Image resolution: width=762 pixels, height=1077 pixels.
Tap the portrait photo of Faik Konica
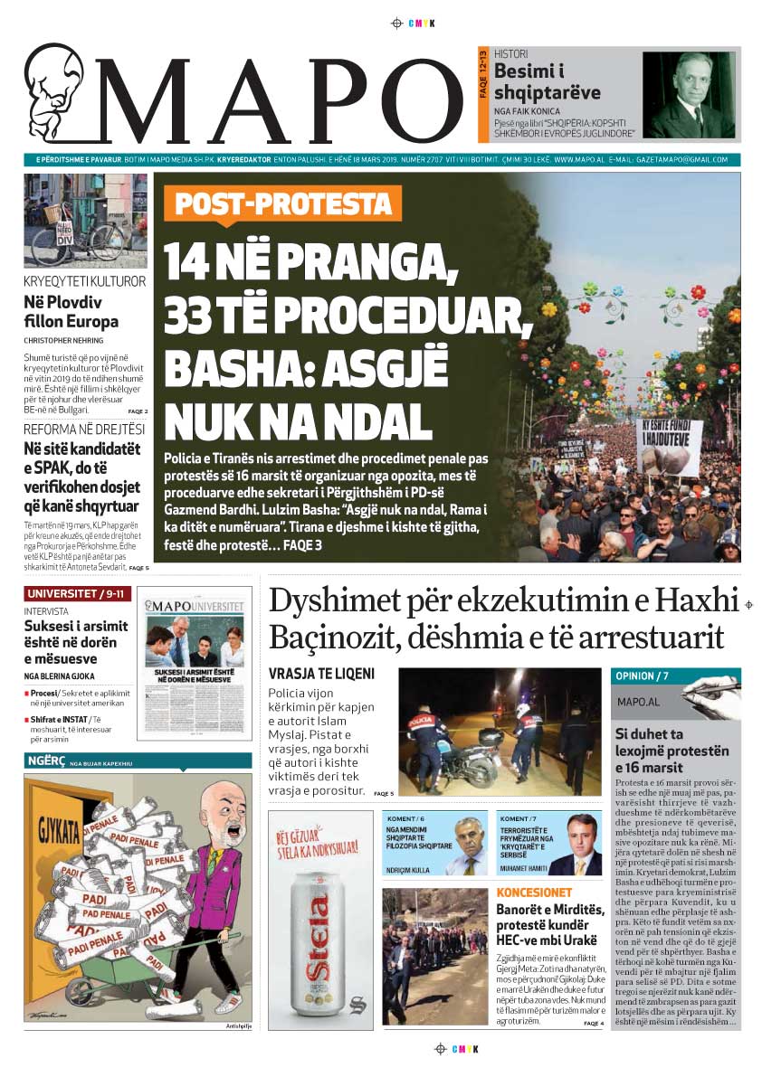point(689,94)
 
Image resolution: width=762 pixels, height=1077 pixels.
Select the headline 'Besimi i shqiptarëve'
point(548,82)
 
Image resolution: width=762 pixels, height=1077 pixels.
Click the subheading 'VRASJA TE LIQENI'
point(321,674)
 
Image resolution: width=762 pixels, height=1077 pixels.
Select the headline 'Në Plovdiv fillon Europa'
point(71,312)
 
